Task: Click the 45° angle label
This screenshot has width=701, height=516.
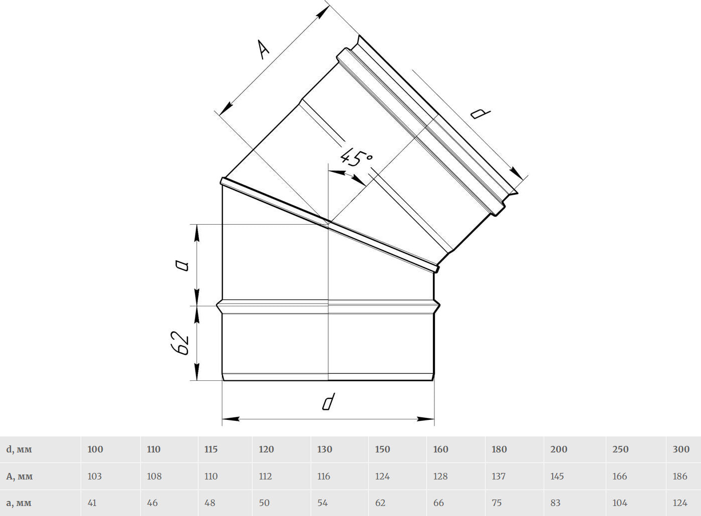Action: pyautogui.click(x=357, y=158)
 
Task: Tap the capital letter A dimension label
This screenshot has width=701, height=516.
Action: pyautogui.click(x=263, y=50)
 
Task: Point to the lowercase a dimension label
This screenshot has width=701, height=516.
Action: pyautogui.click(x=182, y=266)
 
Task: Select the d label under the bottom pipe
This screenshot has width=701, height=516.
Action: pyautogui.click(x=329, y=401)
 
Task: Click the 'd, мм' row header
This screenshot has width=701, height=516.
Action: pyautogui.click(x=19, y=449)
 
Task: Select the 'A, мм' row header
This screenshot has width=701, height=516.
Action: pyautogui.click(x=20, y=476)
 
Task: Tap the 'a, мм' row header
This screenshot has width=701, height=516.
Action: pyautogui.click(x=19, y=503)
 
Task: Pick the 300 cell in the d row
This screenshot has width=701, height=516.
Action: pyautogui.click(x=681, y=449)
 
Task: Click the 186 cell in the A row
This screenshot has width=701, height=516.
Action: pyautogui.click(x=680, y=476)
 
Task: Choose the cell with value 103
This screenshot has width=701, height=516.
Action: pyautogui.click(x=95, y=476)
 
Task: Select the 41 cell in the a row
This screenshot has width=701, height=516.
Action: pyautogui.click(x=92, y=503)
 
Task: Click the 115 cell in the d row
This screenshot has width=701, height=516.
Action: pyautogui.click(x=211, y=449)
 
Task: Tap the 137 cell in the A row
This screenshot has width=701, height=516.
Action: pyautogui.click(x=499, y=476)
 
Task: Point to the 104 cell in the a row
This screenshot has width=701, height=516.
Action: pyautogui.click(x=620, y=503)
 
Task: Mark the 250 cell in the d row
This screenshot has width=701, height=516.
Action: pyautogui.click(x=620, y=449)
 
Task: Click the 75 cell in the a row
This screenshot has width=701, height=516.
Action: pyautogui.click(x=497, y=503)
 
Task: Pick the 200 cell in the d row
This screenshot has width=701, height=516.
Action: pyautogui.click(x=559, y=449)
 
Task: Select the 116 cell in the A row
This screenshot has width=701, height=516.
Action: pyautogui.click(x=324, y=476)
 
